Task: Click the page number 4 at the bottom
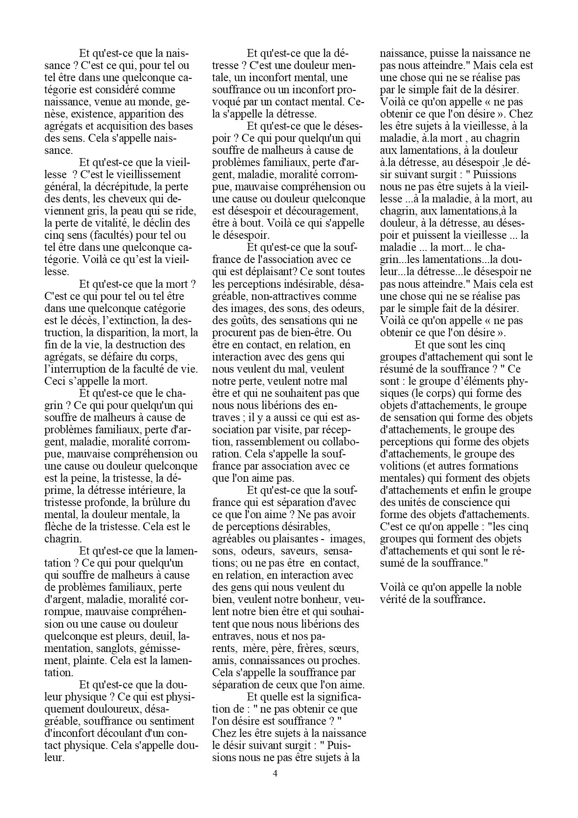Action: (x=275, y=774)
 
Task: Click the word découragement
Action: (x=291, y=211)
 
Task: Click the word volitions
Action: (x=400, y=466)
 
